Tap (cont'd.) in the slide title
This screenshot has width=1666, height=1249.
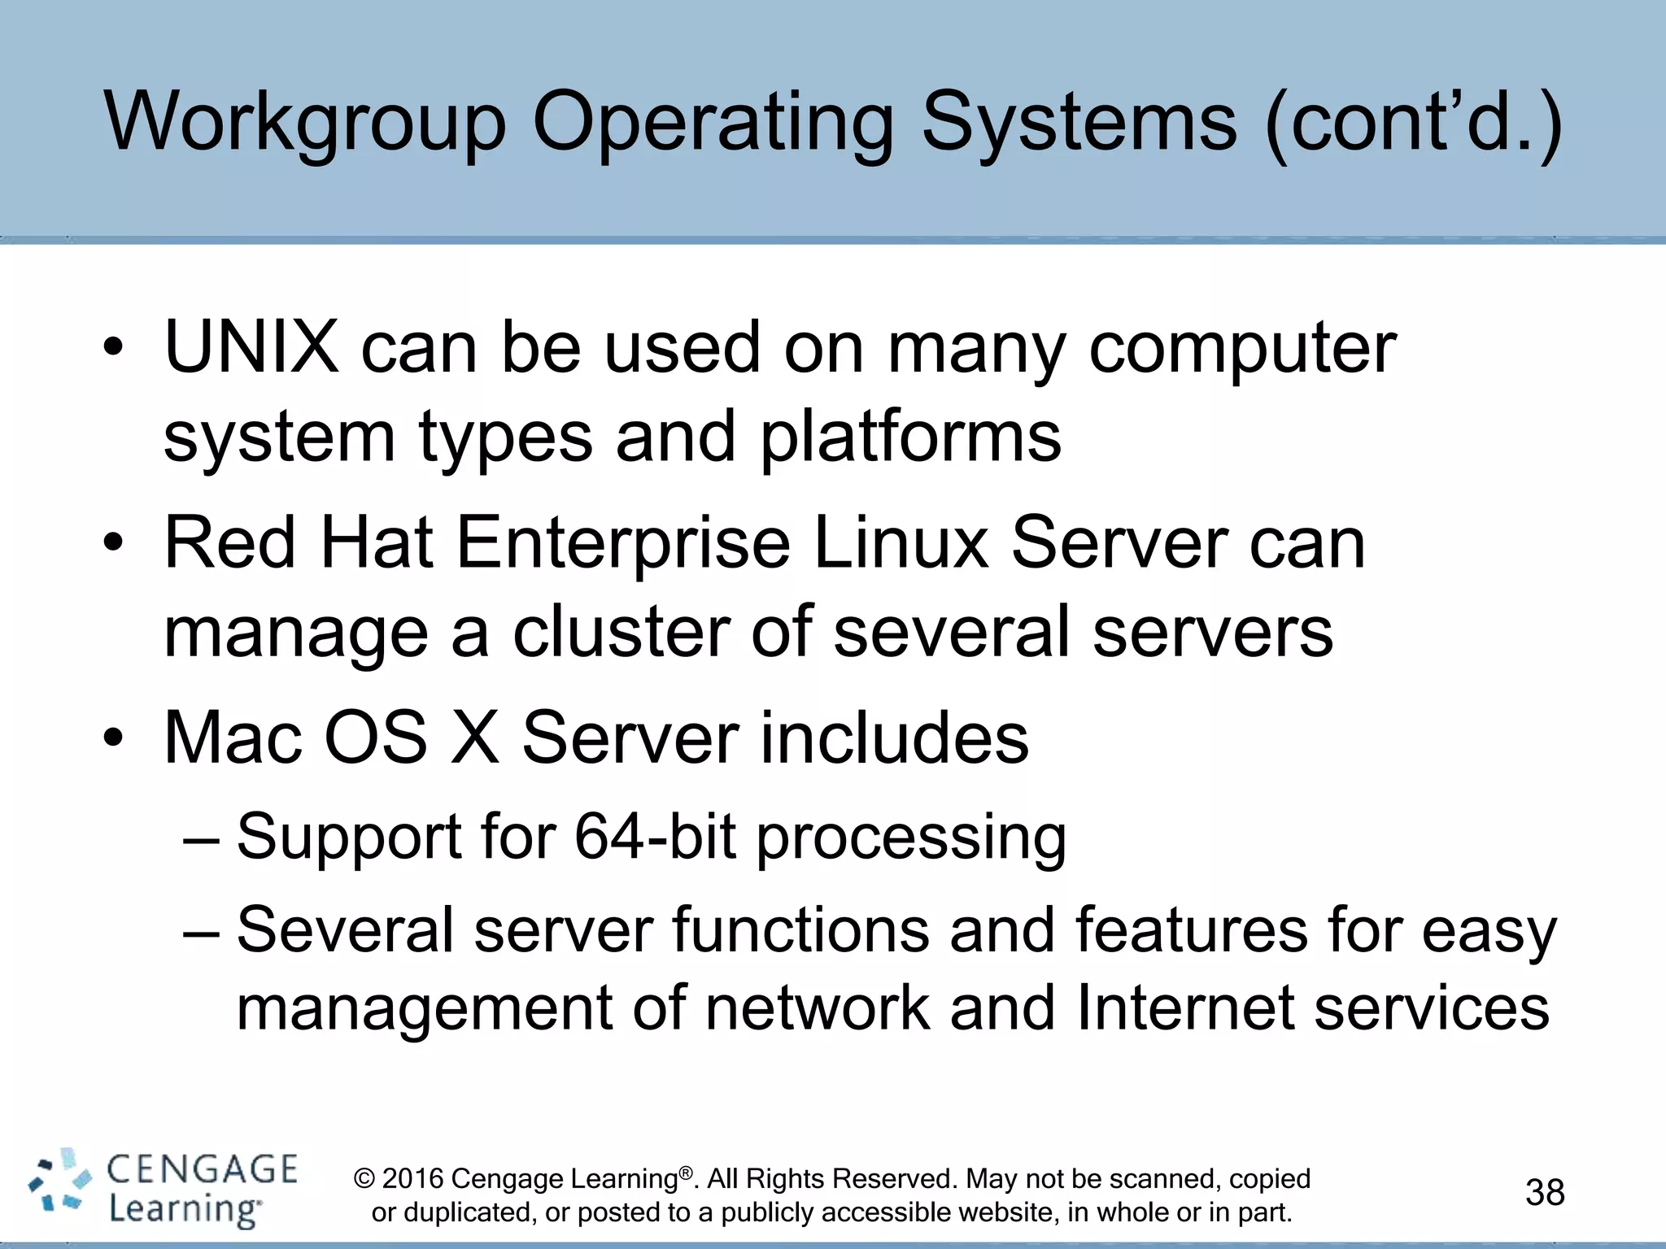click(1414, 122)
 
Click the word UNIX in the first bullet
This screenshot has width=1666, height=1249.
click(251, 347)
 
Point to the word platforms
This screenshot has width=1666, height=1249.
click(910, 437)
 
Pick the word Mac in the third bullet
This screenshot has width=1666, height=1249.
click(232, 738)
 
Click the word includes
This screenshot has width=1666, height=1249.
click(895, 738)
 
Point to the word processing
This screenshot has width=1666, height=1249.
click(911, 838)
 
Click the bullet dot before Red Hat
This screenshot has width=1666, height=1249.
click(113, 542)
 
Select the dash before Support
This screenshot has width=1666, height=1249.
click(201, 838)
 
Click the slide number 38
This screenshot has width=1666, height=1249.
click(1545, 1193)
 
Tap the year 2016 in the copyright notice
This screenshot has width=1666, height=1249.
click(412, 1178)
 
